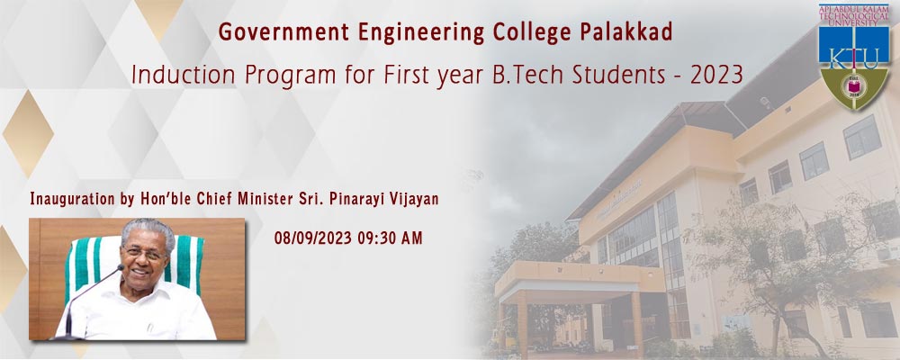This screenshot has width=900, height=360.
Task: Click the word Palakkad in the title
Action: click(626, 32)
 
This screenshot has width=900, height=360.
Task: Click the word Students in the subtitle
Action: click(622, 76)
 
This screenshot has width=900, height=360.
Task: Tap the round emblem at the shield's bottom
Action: click(853, 86)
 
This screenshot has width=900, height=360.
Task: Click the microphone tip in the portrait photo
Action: click(120, 267)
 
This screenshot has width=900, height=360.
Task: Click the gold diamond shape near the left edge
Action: click(28, 134)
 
